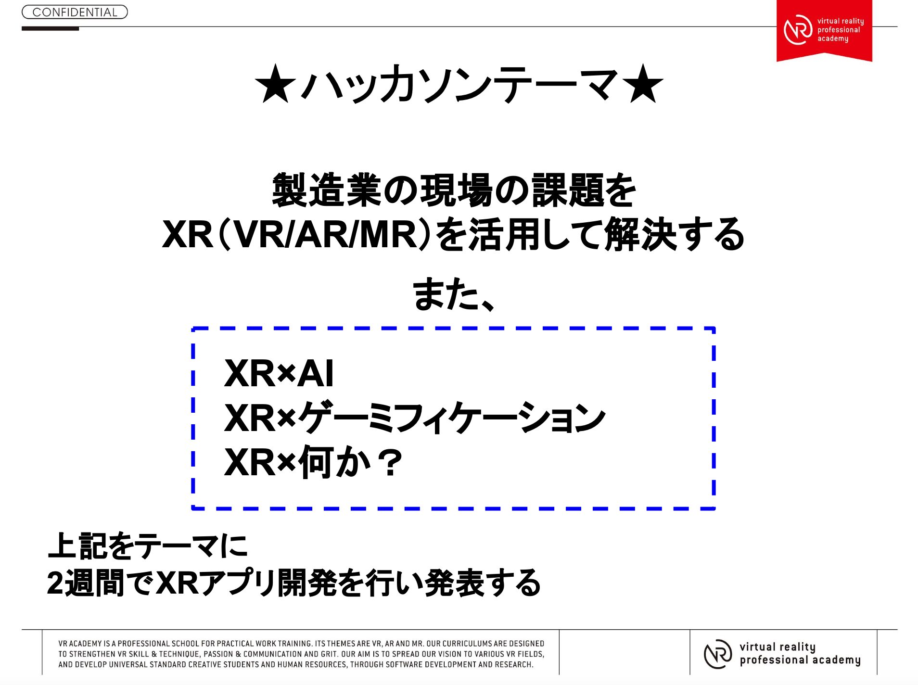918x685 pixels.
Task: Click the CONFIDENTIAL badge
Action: [x=75, y=12]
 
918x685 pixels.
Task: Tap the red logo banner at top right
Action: [x=824, y=30]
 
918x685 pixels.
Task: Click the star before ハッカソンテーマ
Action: [x=275, y=84]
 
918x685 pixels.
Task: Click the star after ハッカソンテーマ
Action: [x=643, y=84]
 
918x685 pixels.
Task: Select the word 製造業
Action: [x=327, y=190]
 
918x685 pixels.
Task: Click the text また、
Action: [x=454, y=293]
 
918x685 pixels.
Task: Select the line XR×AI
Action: [x=279, y=373]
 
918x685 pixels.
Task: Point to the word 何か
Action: [x=334, y=462]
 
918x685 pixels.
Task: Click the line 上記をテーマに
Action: [x=148, y=546]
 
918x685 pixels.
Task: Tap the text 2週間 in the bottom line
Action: [x=86, y=583]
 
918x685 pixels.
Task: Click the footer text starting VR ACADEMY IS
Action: [x=301, y=654]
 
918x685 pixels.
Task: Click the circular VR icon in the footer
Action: [x=718, y=654]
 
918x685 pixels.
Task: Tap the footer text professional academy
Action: [x=800, y=660]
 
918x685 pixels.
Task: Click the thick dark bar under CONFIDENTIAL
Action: [x=50, y=29]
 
